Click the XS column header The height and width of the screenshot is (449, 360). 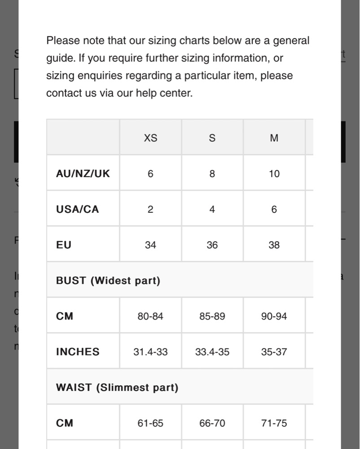[x=150, y=138]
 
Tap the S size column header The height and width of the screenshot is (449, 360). [x=212, y=138]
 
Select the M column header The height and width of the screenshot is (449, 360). [x=274, y=138]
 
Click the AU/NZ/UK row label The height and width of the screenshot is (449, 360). [x=83, y=174]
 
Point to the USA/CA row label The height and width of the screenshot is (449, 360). [x=78, y=209]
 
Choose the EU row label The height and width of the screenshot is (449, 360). [x=64, y=245]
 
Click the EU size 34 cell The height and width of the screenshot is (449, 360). [x=150, y=245]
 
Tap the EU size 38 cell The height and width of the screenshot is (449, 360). [x=274, y=245]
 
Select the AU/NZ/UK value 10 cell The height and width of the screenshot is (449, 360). [x=274, y=174]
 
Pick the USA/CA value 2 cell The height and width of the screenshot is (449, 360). [x=150, y=209]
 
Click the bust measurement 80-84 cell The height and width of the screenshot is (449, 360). [x=150, y=317]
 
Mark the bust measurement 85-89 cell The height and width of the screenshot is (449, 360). [x=212, y=317]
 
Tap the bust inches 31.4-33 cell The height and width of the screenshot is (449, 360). [x=150, y=352]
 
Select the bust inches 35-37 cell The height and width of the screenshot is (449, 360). [x=274, y=352]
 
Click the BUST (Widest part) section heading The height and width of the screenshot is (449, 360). [x=108, y=281]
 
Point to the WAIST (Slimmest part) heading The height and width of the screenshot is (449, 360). [x=117, y=387]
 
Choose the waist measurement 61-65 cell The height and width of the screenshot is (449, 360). [x=150, y=423]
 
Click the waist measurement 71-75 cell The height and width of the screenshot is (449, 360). [x=274, y=423]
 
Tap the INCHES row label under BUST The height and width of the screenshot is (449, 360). [x=78, y=352]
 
